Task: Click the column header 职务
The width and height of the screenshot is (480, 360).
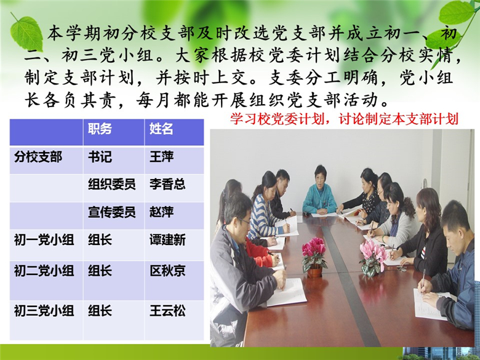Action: click(x=100, y=129)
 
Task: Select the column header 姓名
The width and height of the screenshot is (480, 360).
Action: click(x=161, y=129)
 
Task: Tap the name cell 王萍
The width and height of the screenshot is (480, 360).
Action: click(x=161, y=157)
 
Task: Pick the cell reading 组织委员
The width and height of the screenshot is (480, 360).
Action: click(x=112, y=184)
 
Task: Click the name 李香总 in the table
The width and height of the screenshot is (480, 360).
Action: click(x=167, y=184)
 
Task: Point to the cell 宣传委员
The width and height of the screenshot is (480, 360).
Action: click(x=112, y=212)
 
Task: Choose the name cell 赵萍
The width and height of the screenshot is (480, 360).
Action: click(x=161, y=212)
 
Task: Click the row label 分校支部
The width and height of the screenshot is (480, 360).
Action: click(x=38, y=157)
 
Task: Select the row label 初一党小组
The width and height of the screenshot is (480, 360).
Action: click(x=44, y=240)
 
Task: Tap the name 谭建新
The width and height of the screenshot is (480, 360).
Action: click(x=167, y=240)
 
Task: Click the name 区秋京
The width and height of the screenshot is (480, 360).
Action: click(x=167, y=271)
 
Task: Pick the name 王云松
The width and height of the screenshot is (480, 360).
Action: click(x=167, y=311)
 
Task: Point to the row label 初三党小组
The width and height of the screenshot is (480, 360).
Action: click(x=44, y=311)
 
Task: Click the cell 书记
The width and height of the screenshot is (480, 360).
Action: click(x=100, y=157)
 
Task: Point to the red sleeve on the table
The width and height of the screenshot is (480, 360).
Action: click(x=260, y=252)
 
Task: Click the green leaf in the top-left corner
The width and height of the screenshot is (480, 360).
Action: click(x=26, y=33)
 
